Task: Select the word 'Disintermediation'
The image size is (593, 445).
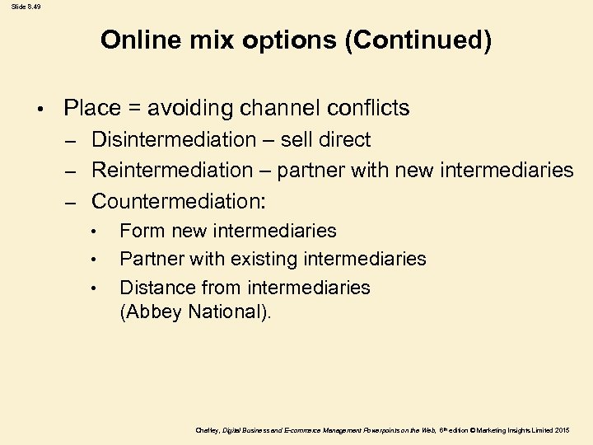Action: tap(174, 140)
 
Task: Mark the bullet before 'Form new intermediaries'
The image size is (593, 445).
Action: tap(96, 232)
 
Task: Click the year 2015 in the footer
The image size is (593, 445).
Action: tap(562, 430)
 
